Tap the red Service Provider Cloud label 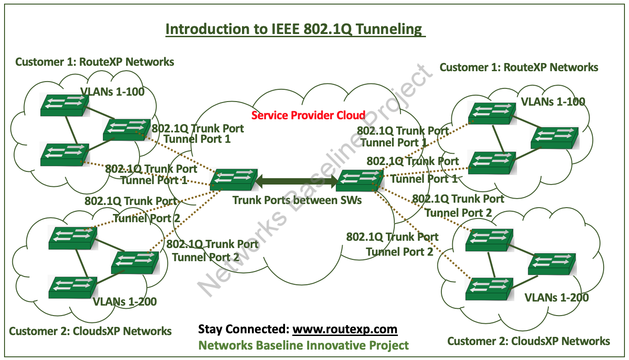click(x=308, y=115)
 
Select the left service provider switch click(x=234, y=180)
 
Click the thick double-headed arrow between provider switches click(x=297, y=182)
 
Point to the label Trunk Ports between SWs click(x=297, y=199)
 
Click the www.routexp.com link click(x=345, y=329)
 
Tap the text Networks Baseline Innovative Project click(x=304, y=345)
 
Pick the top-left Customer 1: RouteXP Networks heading click(x=95, y=62)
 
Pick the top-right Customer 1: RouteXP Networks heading click(x=519, y=68)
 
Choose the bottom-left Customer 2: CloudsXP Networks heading click(x=90, y=331)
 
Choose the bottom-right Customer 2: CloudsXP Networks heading click(x=528, y=341)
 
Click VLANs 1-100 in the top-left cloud click(x=112, y=92)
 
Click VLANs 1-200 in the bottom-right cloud click(x=556, y=297)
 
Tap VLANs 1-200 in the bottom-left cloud click(x=125, y=301)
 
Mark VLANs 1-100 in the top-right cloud click(x=553, y=101)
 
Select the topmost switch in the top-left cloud click(x=63, y=104)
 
